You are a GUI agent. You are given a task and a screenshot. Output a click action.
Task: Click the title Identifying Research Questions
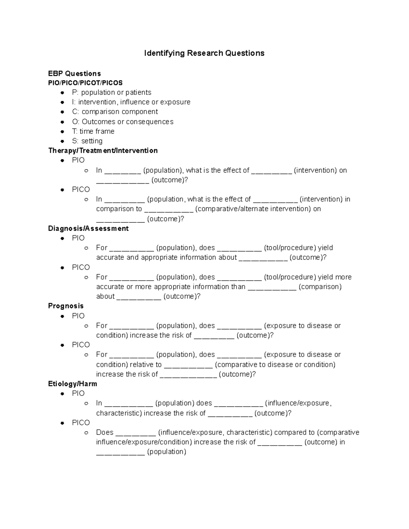point(204,53)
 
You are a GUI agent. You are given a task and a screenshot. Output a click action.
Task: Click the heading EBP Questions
point(74,74)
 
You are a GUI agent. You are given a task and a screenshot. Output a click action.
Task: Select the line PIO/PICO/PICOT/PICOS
point(85,83)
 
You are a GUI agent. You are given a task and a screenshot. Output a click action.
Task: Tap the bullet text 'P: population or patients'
point(111,92)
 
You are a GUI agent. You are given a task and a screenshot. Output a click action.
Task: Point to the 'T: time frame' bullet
point(93,131)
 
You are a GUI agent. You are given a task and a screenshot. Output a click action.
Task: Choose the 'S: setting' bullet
point(87,141)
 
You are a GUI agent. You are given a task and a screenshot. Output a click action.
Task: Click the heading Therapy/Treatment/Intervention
point(103,151)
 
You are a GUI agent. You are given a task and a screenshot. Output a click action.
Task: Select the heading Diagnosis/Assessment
point(88,228)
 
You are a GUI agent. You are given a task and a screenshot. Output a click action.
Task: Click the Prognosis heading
point(66,306)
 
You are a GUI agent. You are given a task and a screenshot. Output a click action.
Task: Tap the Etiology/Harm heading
point(73,384)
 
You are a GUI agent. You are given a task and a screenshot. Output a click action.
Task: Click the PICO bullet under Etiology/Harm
point(81,423)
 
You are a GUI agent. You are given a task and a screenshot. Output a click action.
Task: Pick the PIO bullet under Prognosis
point(78,316)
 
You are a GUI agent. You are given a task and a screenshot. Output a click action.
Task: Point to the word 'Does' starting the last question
point(105,432)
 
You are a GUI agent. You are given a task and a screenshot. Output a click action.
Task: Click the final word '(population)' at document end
point(167,452)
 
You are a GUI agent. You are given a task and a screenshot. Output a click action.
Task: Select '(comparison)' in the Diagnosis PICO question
point(320,286)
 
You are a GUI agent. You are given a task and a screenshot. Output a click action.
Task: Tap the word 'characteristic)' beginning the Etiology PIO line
point(119,413)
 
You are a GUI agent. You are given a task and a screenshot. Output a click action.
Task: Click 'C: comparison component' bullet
point(115,112)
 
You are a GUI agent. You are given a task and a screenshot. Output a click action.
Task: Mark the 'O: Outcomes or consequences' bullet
point(123,122)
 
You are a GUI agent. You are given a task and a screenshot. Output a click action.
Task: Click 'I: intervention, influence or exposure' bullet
point(131,102)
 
